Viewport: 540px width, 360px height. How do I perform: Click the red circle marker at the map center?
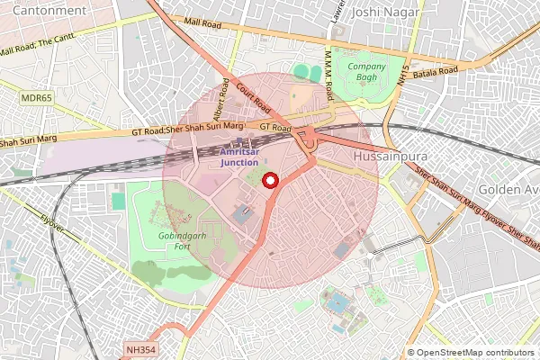pyautogui.click(x=269, y=181)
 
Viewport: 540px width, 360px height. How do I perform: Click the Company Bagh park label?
pyautogui.click(x=366, y=73)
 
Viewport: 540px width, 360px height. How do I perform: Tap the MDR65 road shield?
pyautogui.click(x=37, y=96)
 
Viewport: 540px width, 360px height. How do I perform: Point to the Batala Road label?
pyautogui.click(x=436, y=70)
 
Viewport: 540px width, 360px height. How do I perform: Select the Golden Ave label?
pyautogui.click(x=508, y=191)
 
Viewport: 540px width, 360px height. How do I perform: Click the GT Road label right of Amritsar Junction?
pyautogui.click(x=275, y=129)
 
